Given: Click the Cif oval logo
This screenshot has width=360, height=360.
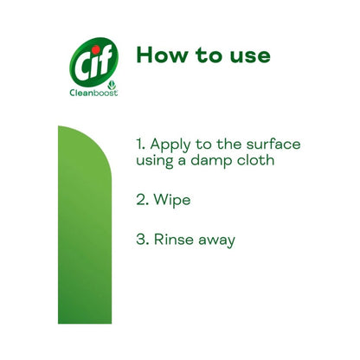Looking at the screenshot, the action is point(94,62).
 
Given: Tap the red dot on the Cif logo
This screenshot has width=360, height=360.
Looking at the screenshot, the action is point(96,49).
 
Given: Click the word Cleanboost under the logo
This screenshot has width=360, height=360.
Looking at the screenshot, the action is point(93,93).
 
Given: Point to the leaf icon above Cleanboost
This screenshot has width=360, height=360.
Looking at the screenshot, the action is point(112,86).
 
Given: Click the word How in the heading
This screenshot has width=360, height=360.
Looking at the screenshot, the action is point(162,55).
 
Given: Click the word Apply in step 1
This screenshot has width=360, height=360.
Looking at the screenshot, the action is point(170,145).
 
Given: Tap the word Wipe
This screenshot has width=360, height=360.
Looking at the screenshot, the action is point(172,200).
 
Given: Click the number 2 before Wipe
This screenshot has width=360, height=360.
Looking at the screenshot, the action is point(141,199).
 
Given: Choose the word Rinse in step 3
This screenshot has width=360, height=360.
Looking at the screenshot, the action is point(173,239).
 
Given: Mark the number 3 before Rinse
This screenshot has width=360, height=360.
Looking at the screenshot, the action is point(141,240).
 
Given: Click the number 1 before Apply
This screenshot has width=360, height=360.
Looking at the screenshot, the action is point(140,144).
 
